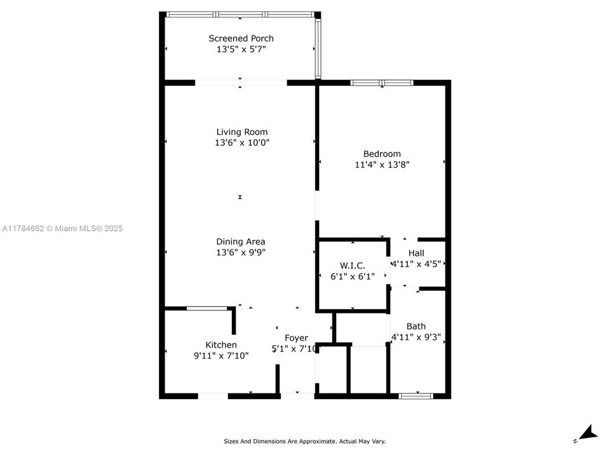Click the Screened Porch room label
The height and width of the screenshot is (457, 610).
(x=241, y=39)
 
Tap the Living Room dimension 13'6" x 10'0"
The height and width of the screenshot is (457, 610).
(x=241, y=143)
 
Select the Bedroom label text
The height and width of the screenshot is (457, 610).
(x=382, y=154)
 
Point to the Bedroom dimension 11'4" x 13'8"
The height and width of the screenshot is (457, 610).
(x=382, y=164)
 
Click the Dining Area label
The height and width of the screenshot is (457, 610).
(x=241, y=242)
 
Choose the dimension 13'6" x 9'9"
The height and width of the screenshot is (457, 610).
(x=241, y=252)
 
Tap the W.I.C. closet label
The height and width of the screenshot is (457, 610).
(x=353, y=265)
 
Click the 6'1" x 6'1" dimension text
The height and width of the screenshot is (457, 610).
(x=353, y=276)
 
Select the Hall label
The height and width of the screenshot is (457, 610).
(x=416, y=253)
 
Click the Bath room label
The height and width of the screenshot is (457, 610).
(x=416, y=327)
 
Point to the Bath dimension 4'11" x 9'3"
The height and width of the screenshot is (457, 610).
(x=416, y=337)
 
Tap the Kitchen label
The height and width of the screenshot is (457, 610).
(x=220, y=345)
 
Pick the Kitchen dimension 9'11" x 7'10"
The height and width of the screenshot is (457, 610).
(x=220, y=355)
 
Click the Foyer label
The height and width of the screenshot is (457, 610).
(x=296, y=338)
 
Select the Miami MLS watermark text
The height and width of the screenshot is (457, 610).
(x=62, y=228)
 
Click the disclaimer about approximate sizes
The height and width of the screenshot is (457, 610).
(x=304, y=441)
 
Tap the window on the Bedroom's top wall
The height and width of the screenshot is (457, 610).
(x=382, y=83)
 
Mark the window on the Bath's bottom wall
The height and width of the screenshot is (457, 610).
(x=416, y=396)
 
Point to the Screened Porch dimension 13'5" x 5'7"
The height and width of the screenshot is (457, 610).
(x=241, y=49)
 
